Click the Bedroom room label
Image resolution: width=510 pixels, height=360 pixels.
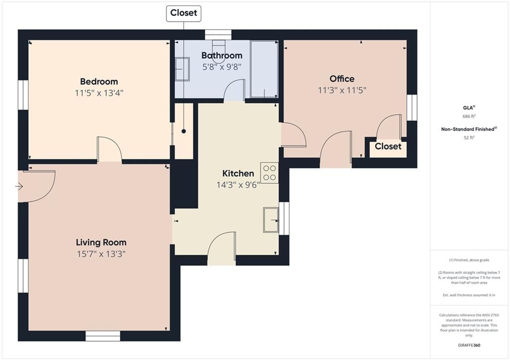pos(99,81)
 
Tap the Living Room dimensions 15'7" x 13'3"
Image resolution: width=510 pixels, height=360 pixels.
pos(101,254)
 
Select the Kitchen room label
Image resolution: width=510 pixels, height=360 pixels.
pos(238,173)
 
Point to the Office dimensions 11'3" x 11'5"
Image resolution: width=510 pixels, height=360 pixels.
pos(342,90)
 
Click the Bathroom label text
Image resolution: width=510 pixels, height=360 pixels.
pos(222,55)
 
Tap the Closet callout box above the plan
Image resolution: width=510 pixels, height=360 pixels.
pos(184,13)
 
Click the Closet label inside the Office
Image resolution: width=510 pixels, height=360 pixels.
pos(388,146)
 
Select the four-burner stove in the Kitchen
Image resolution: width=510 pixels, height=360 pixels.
pos(269,173)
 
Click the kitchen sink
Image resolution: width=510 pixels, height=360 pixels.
pos(271,220)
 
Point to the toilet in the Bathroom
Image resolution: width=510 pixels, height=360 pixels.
pos(219,51)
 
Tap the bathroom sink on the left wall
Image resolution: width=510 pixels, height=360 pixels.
pos(182,69)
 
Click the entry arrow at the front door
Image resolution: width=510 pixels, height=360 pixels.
pos(19,186)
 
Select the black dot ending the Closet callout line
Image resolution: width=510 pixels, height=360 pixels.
pos(184,131)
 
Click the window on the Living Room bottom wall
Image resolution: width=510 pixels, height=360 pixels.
pos(103,336)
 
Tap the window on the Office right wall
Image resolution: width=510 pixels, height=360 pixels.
pos(412,108)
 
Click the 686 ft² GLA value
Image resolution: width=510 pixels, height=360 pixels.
pos(469,116)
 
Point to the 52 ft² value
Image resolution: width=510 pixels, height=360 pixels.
pos(469,137)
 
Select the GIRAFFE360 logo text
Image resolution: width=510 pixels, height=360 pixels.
pos(469,345)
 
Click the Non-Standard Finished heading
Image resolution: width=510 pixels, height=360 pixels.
pos(469,129)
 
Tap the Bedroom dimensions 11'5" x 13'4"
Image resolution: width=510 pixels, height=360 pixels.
pos(99,93)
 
